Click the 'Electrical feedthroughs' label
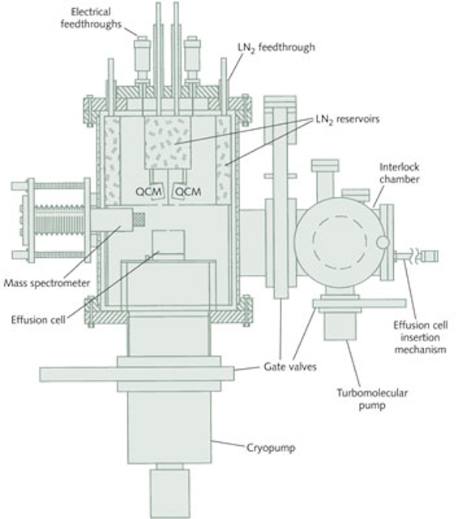click(x=91, y=18)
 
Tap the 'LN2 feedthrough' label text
click(x=276, y=48)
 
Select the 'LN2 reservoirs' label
click(x=348, y=119)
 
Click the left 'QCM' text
click(x=148, y=191)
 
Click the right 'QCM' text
click(x=187, y=191)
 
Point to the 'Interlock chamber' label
click(x=400, y=173)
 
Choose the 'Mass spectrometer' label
click(x=47, y=283)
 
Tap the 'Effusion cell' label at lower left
click(x=38, y=320)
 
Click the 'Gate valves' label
click(x=290, y=367)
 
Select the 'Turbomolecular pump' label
click(x=372, y=399)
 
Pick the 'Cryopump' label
click(x=271, y=448)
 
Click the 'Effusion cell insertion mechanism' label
click(x=420, y=337)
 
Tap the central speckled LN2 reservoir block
click(x=168, y=143)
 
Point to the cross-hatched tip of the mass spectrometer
click(x=139, y=220)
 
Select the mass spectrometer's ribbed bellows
click(x=59, y=220)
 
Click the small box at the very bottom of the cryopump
click(x=169, y=493)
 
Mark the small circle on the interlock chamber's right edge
click(x=383, y=242)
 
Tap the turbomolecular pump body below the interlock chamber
click(x=340, y=326)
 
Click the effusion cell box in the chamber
click(x=168, y=242)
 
